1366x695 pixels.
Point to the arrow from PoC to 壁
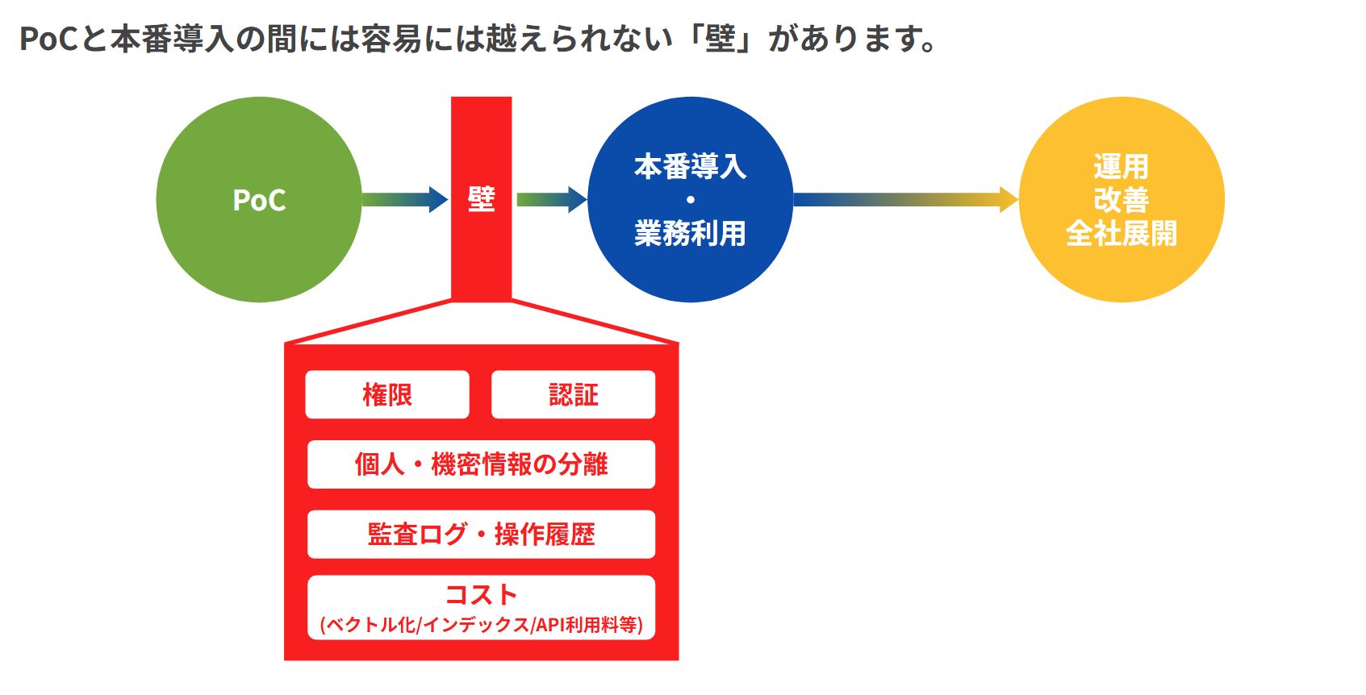pyautogui.click(x=404, y=199)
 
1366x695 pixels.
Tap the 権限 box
pyautogui.click(x=387, y=395)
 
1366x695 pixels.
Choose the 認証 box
pyautogui.click(x=573, y=395)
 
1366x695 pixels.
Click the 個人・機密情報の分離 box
pyautogui.click(x=481, y=464)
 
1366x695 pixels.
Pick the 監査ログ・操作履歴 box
pyautogui.click(x=481, y=535)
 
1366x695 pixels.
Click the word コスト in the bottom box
pyautogui.click(x=481, y=595)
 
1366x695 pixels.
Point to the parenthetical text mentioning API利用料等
pyautogui.click(x=481, y=625)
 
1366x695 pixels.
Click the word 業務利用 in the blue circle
pyautogui.click(x=690, y=234)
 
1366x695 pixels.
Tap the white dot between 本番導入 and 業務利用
pyautogui.click(x=691, y=200)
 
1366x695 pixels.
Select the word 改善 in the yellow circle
pyautogui.click(x=1122, y=200)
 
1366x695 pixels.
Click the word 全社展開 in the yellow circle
pyautogui.click(x=1122, y=234)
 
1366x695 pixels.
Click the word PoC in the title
pyautogui.click(x=49, y=39)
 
